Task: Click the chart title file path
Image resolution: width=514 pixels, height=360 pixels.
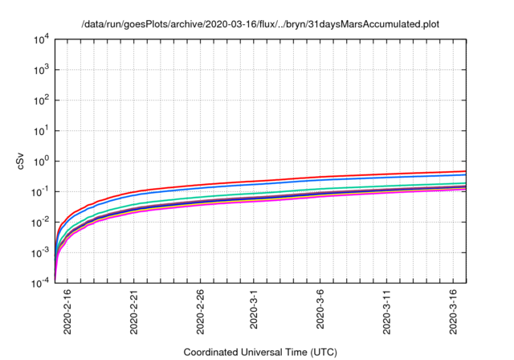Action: point(261,24)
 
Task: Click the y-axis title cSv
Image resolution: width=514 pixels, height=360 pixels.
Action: point(22,161)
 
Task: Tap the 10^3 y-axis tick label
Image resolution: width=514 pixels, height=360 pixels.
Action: point(43,70)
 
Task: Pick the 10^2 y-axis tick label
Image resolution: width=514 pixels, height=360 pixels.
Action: point(43,100)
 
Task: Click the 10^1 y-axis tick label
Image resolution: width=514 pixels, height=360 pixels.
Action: point(43,130)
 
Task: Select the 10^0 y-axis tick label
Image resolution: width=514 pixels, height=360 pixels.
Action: point(43,161)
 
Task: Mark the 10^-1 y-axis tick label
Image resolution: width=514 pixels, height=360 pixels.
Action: point(43,191)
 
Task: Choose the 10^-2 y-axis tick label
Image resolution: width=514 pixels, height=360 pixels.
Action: point(43,222)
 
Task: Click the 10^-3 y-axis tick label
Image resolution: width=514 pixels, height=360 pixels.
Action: point(43,252)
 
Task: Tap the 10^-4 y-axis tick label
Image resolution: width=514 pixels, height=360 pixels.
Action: point(43,282)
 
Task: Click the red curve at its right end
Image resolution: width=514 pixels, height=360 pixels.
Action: point(464,170)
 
